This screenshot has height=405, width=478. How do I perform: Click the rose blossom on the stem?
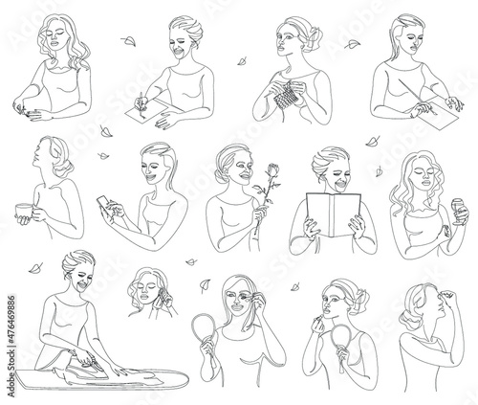tap(273, 169)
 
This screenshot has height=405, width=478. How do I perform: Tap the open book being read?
tap(334, 214)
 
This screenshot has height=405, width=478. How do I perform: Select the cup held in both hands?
tap(24, 212)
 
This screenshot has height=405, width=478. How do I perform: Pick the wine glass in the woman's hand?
tap(459, 211)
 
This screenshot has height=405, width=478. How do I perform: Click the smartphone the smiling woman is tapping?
tap(105, 206)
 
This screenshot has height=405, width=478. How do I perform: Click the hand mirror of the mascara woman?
tap(204, 328)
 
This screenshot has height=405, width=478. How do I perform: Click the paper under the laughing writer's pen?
tap(147, 109)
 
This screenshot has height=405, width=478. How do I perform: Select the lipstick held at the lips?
tap(318, 318)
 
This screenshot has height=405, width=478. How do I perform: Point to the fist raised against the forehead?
tap(447, 295)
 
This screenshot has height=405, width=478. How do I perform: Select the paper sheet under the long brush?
tap(438, 114)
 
